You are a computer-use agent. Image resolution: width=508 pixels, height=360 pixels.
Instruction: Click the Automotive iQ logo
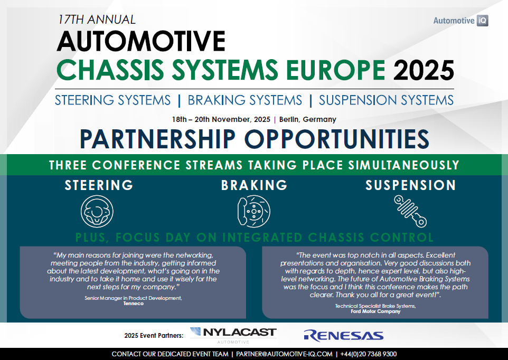(460, 21)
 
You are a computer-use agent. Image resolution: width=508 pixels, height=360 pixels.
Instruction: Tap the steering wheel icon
(97, 211)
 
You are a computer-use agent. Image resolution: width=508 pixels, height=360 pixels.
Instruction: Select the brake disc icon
(253, 211)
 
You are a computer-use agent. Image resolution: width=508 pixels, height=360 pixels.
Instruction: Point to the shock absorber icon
(410, 211)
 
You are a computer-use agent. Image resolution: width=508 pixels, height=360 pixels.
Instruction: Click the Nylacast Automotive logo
(233, 335)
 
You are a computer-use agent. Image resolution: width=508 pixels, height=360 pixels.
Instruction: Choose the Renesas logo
(344, 336)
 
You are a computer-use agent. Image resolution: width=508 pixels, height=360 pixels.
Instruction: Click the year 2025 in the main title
(424, 70)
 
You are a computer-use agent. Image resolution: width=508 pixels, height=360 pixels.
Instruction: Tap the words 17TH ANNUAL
(97, 20)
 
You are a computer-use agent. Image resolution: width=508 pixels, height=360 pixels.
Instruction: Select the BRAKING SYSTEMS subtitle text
(245, 100)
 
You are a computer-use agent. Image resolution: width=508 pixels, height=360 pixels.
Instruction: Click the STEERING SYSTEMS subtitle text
(113, 100)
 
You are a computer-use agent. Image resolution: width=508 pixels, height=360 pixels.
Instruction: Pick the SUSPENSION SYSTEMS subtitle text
(386, 100)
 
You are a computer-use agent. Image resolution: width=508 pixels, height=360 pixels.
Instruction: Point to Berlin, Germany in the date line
(308, 119)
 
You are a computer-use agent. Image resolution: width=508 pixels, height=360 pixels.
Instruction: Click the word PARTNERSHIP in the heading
(157, 139)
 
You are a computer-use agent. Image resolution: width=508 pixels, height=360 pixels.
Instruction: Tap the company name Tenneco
(134, 304)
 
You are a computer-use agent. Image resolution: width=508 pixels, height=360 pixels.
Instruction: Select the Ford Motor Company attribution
(375, 311)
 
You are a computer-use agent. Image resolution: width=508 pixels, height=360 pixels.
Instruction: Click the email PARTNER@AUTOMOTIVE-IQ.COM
(284, 354)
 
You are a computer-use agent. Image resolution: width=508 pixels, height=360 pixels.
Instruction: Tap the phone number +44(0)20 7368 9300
(369, 354)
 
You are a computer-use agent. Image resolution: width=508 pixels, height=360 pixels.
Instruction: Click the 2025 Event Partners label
(154, 336)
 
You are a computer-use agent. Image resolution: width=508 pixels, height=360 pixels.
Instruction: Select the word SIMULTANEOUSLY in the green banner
(403, 165)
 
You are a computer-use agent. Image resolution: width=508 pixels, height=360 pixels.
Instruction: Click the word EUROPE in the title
(336, 70)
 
